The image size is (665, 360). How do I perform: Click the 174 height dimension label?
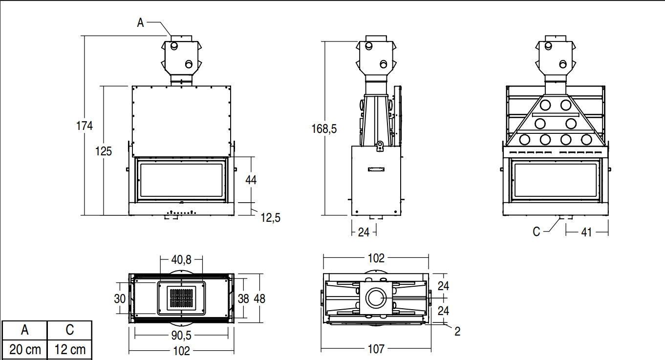tap(85, 126)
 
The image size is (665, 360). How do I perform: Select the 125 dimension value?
tap(103, 151)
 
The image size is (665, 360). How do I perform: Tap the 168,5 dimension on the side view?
tap(324, 129)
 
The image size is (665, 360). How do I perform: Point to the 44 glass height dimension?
tap(251, 180)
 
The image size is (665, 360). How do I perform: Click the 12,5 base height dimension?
tap(271, 218)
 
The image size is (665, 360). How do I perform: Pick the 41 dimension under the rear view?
tap(587, 232)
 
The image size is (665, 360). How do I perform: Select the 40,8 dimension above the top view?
tap(181, 260)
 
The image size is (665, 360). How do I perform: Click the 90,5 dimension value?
tap(181, 336)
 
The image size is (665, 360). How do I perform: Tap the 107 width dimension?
tap(376, 349)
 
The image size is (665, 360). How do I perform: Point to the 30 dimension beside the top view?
tap(120, 299)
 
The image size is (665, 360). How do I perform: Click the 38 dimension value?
tap(243, 299)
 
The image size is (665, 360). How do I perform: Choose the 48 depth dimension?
tap(259, 299)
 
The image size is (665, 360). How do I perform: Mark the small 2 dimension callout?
tap(457, 332)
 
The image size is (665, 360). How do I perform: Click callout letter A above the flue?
tap(140, 22)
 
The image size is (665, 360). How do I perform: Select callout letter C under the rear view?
tap(536, 232)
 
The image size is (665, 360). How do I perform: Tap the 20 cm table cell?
tap(25, 350)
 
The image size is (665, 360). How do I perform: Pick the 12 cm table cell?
tap(70, 350)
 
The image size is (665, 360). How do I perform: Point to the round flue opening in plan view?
tap(376, 297)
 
